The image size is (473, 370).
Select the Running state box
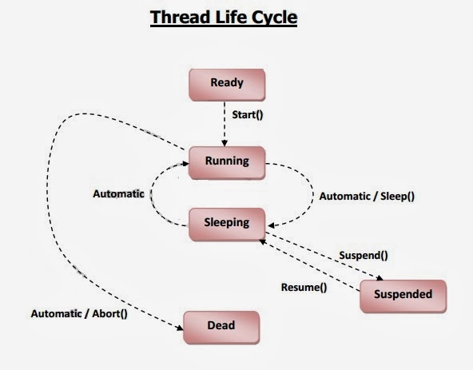226,161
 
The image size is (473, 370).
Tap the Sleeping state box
226,223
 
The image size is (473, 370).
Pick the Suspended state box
402,295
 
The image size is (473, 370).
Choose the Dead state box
221,326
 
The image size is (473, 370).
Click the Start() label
248,114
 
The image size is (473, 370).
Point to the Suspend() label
364,256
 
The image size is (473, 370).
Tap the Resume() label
304,287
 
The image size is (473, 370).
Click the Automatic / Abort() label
78,313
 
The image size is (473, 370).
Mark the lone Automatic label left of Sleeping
118,193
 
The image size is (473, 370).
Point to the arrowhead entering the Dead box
181,324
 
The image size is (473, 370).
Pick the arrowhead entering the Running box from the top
226,144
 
